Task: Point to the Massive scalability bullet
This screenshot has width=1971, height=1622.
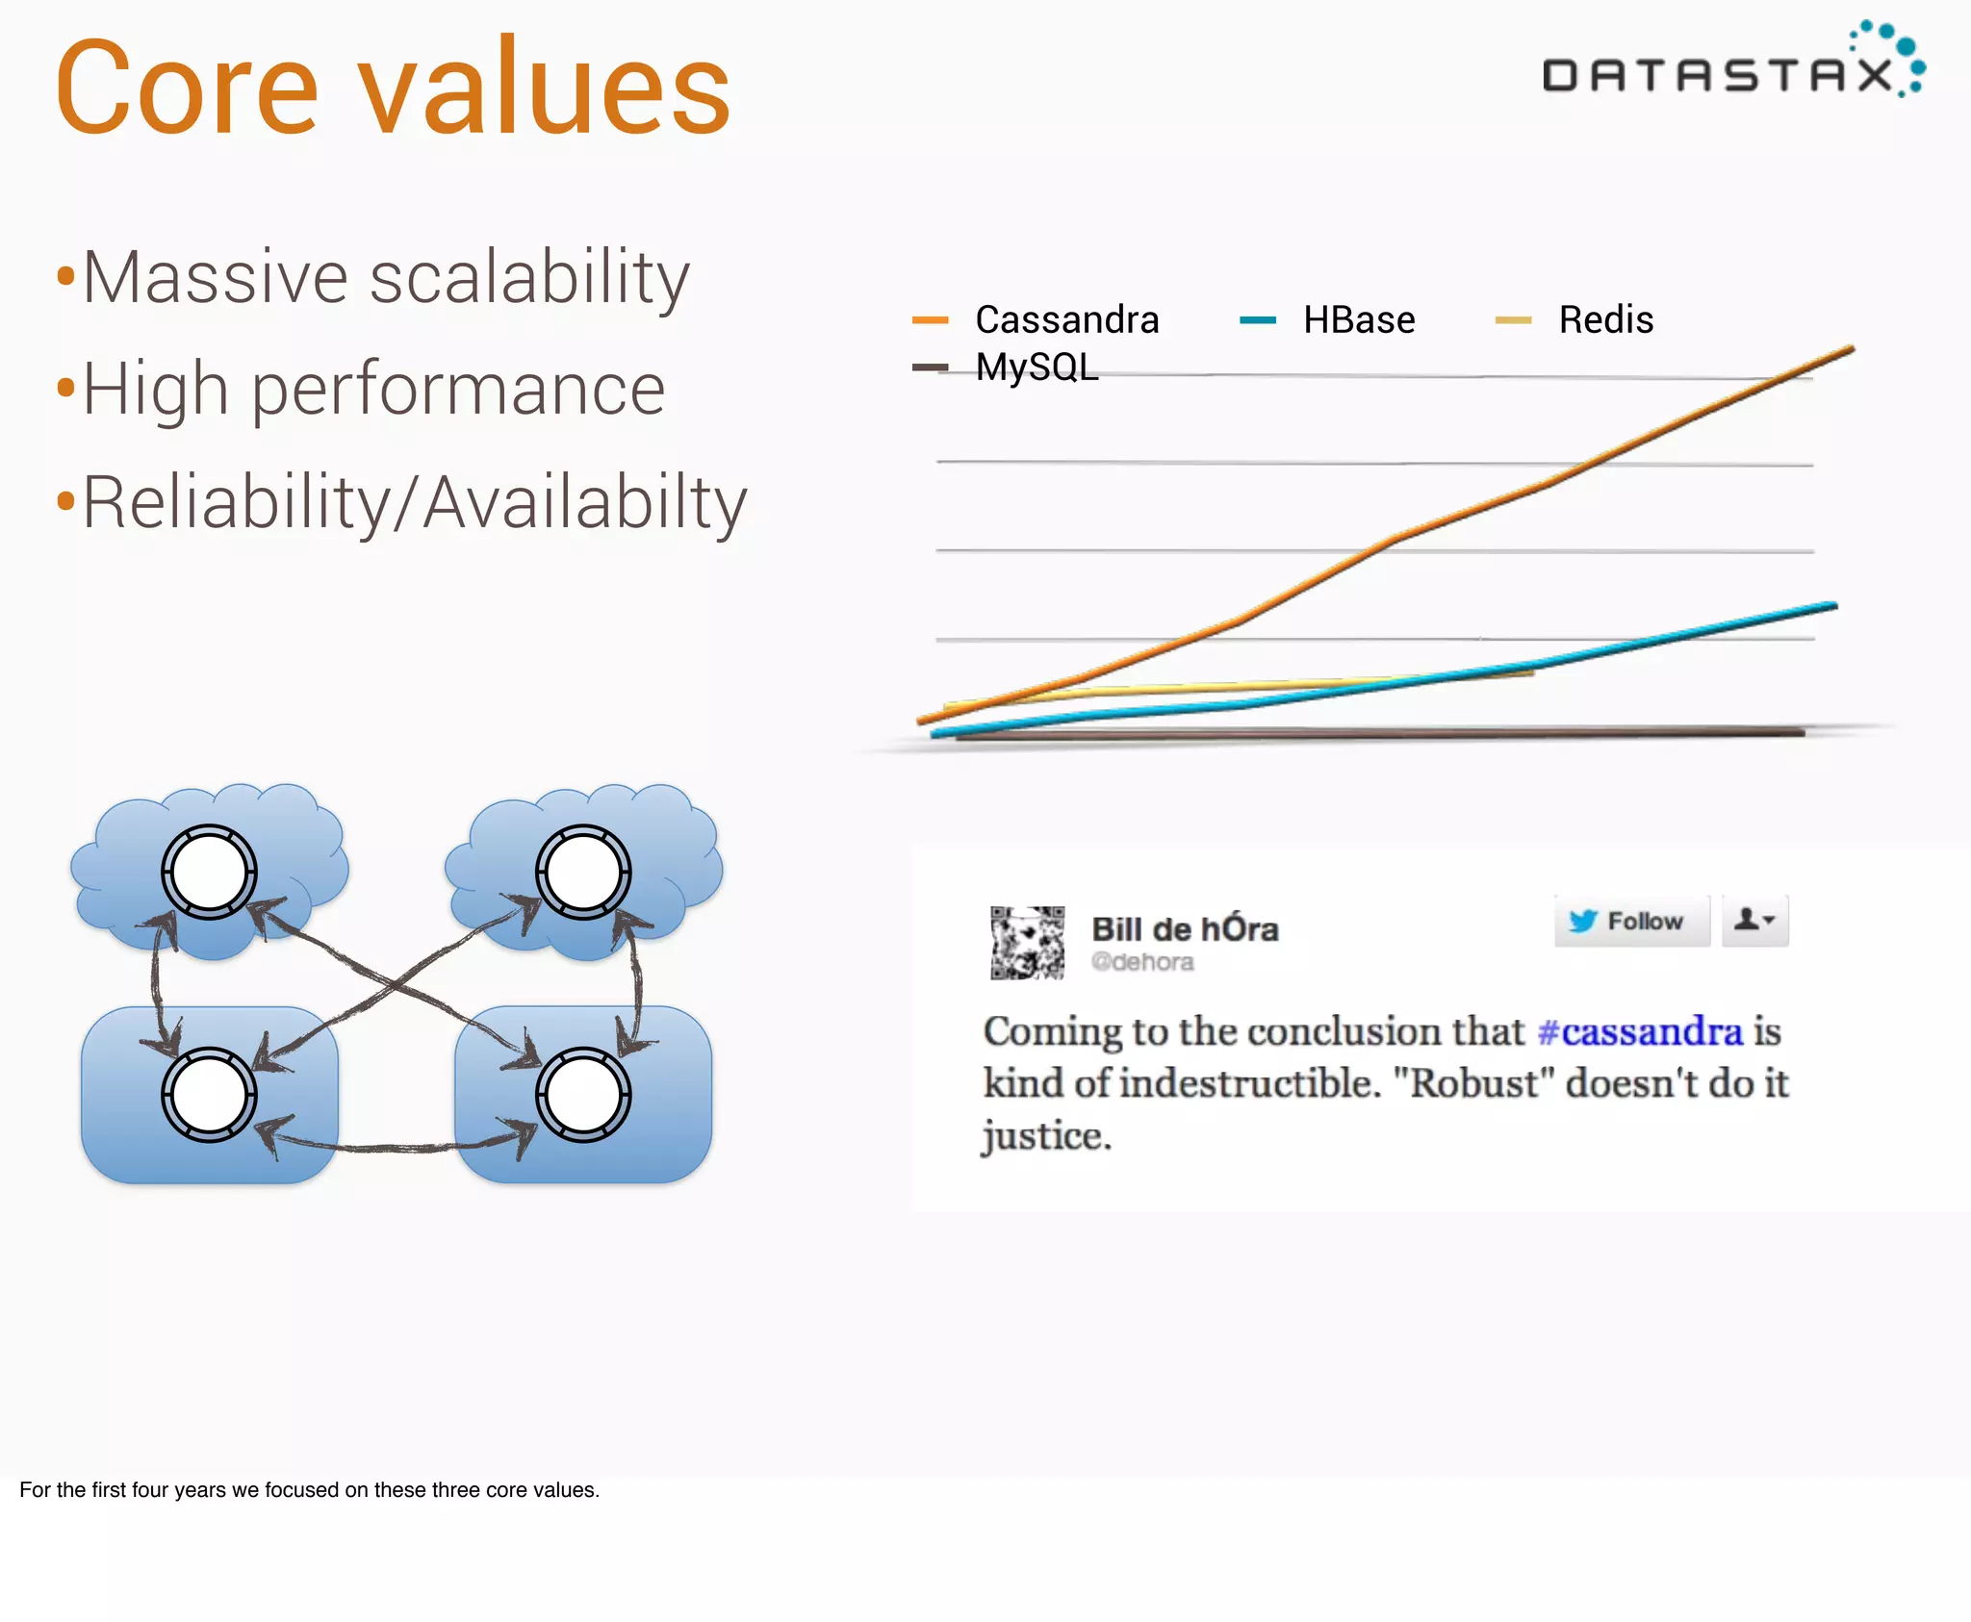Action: (x=385, y=277)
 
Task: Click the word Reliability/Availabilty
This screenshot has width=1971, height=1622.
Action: (x=414, y=501)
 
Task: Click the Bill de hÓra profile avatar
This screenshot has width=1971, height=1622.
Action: (x=1027, y=942)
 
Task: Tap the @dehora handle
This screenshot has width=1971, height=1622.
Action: (x=1142, y=962)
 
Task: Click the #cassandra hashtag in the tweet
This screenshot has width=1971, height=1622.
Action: (x=1639, y=1031)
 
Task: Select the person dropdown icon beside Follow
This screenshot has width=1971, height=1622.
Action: (x=1753, y=921)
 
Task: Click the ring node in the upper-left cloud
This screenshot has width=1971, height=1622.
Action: (x=209, y=872)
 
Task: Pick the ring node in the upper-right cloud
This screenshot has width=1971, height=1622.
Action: (x=583, y=872)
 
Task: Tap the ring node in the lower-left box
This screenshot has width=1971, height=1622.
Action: (x=209, y=1095)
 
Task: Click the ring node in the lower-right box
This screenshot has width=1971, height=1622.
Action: (x=583, y=1095)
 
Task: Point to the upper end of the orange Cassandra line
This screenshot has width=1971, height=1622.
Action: (x=1850, y=350)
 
